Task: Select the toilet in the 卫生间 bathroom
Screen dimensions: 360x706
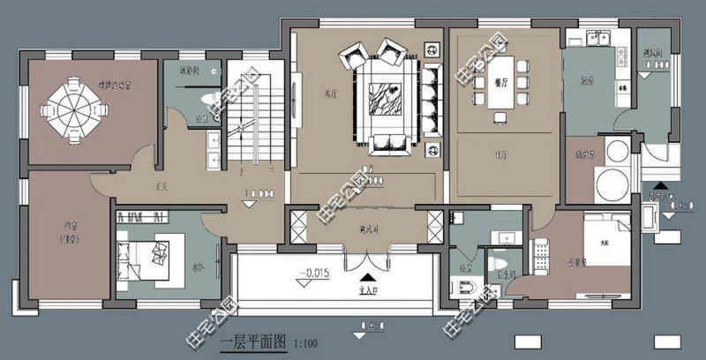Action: [x=499, y=262]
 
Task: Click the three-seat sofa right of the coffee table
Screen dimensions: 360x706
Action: [x=432, y=99]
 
